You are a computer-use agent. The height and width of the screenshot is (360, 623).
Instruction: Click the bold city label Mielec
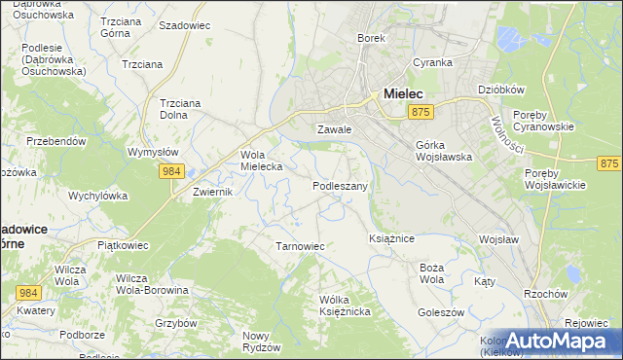coord(404,93)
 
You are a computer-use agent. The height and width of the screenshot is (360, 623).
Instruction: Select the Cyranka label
coord(432,62)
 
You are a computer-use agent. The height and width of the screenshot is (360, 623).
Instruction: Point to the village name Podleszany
coord(340,185)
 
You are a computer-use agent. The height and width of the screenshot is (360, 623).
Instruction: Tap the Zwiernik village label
coord(213,193)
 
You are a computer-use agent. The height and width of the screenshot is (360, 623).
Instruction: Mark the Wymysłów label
coord(153,153)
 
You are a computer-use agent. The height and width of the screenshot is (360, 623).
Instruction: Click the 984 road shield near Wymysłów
coord(172,171)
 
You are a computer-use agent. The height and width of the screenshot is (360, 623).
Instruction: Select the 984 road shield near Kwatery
coord(28,292)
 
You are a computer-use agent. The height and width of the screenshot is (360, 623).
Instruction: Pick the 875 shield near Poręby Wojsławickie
coord(609,164)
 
